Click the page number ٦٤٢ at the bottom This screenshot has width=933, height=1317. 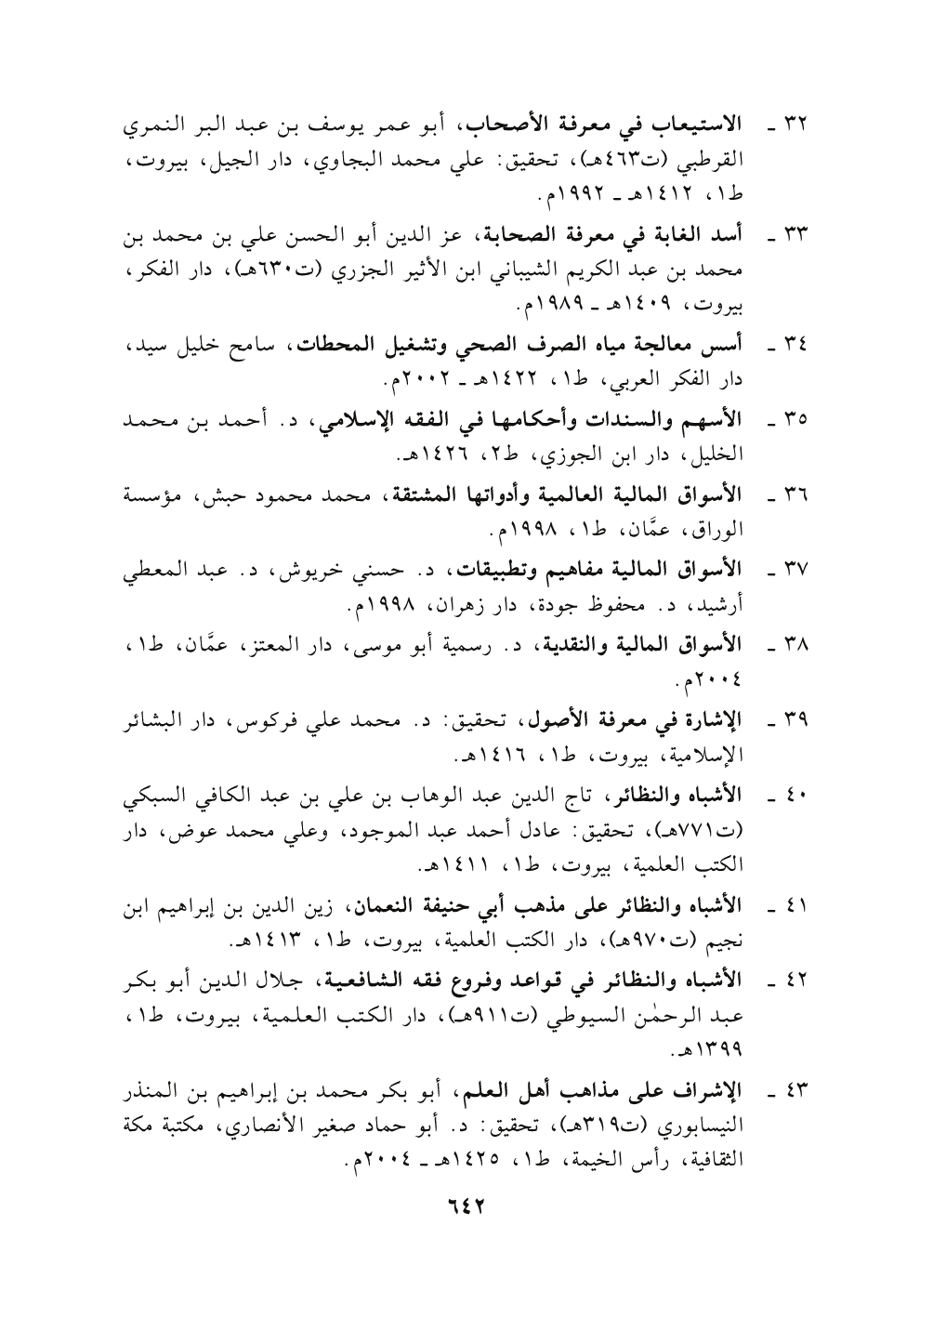(x=467, y=1205)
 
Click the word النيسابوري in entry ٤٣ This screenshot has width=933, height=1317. (x=724, y=1135)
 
